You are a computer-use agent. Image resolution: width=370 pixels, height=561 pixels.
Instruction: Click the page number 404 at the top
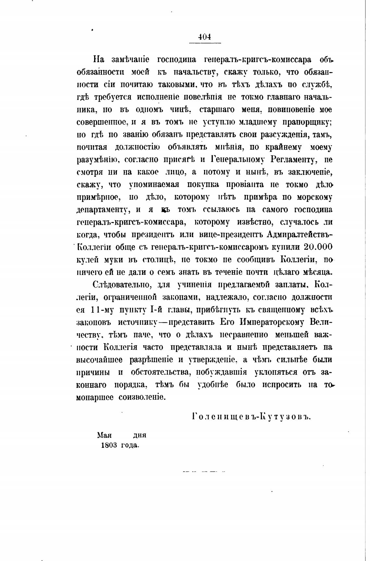(204, 37)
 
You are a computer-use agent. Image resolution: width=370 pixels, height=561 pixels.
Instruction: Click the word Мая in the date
(105, 435)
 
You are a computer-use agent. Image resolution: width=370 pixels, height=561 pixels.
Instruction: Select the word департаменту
(102, 210)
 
